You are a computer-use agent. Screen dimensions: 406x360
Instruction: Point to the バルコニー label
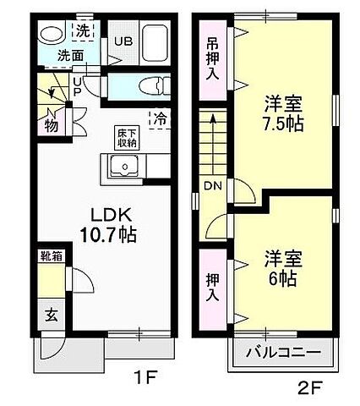pyautogui.click(x=282, y=352)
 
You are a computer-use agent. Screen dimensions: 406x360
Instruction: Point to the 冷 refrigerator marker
pyautogui.click(x=158, y=119)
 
